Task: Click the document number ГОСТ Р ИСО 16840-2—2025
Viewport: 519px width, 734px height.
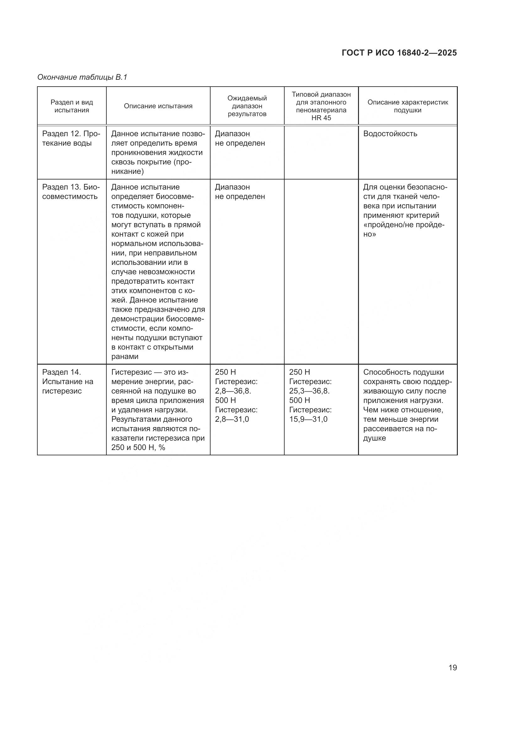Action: point(399,53)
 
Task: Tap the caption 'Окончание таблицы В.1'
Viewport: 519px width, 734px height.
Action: point(82,77)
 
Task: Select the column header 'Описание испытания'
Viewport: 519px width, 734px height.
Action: point(158,106)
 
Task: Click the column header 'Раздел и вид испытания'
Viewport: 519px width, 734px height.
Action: point(72,106)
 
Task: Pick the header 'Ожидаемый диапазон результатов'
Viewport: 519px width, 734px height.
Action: point(247,106)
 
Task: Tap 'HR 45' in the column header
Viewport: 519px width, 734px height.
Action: point(321,118)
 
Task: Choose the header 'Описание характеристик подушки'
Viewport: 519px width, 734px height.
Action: point(408,106)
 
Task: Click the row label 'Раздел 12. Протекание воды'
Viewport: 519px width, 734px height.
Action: point(71,138)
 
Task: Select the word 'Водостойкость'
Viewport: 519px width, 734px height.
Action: point(390,134)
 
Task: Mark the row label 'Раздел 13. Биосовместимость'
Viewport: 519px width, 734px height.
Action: point(71,192)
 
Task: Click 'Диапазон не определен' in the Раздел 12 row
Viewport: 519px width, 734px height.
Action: point(240,138)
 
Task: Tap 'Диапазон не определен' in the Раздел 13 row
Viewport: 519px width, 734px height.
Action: point(240,192)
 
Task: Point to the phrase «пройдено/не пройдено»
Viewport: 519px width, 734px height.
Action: point(404,229)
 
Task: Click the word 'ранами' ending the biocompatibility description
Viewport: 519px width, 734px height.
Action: point(125,357)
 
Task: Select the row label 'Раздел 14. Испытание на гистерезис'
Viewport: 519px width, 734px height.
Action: point(68,381)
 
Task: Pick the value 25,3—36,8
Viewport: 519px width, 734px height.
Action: point(309,391)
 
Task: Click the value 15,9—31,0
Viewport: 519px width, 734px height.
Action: point(308,419)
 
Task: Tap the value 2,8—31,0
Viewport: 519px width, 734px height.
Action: point(232,419)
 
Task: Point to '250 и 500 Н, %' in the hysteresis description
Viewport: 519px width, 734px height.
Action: point(138,447)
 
